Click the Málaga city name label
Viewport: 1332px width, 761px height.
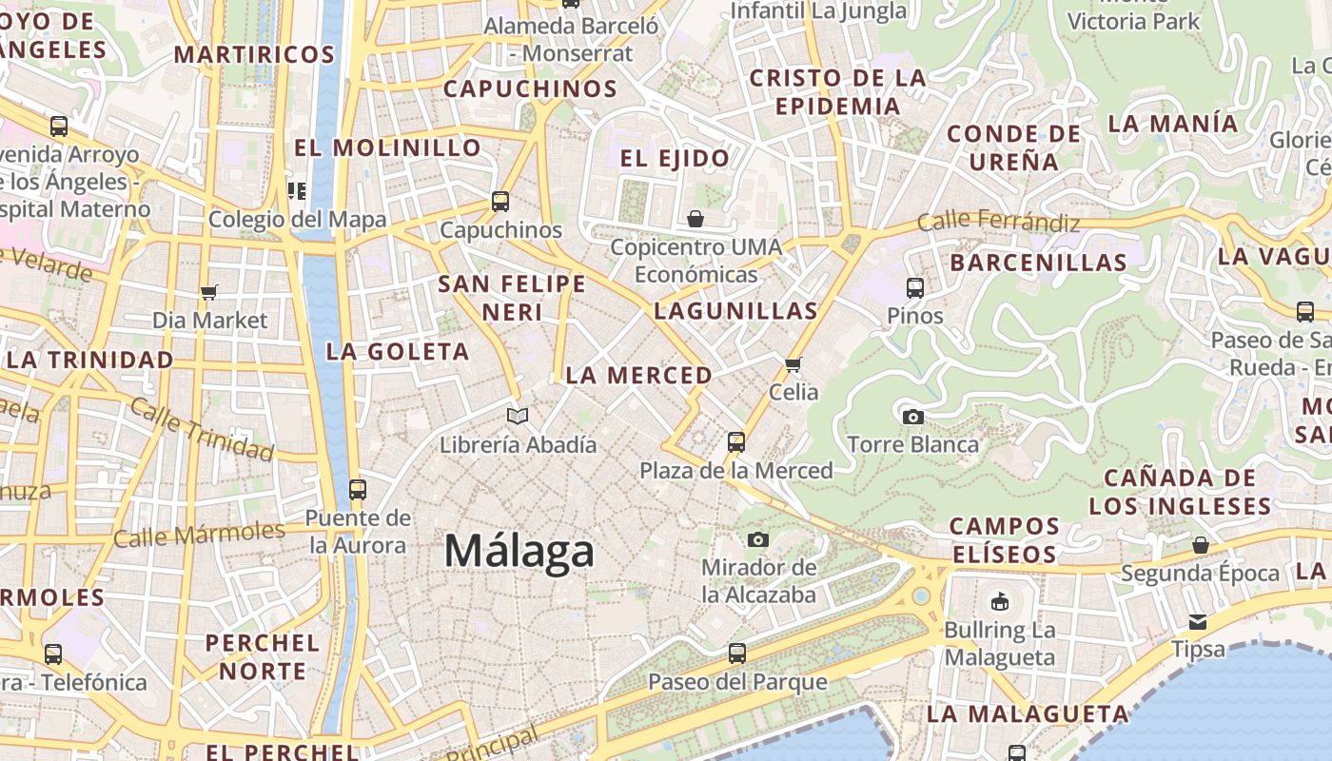tap(519, 552)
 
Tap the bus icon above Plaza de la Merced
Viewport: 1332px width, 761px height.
tap(735, 441)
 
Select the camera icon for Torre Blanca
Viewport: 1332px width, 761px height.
tap(912, 417)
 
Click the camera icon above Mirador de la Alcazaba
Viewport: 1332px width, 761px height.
tap(757, 539)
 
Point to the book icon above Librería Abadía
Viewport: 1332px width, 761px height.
tap(518, 416)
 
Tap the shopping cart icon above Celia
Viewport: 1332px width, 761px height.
tap(793, 363)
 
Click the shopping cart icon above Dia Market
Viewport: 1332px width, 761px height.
tap(209, 292)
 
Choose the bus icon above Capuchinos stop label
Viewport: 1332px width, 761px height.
tap(500, 202)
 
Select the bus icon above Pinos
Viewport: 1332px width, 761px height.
tap(914, 287)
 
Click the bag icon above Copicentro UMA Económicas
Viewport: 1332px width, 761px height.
tap(695, 220)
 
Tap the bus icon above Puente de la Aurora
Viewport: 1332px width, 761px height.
tap(358, 490)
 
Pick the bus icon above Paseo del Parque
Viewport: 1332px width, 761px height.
tap(736, 654)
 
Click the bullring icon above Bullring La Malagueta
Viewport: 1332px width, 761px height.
tap(1000, 601)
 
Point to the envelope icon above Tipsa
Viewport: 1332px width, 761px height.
tap(1197, 621)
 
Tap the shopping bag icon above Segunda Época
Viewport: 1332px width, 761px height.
tap(1201, 545)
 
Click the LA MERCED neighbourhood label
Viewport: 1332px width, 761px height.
tap(638, 376)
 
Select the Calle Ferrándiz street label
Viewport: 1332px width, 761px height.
tap(999, 223)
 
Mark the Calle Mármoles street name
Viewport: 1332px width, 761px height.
tap(199, 535)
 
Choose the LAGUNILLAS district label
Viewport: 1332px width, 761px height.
tap(735, 311)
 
